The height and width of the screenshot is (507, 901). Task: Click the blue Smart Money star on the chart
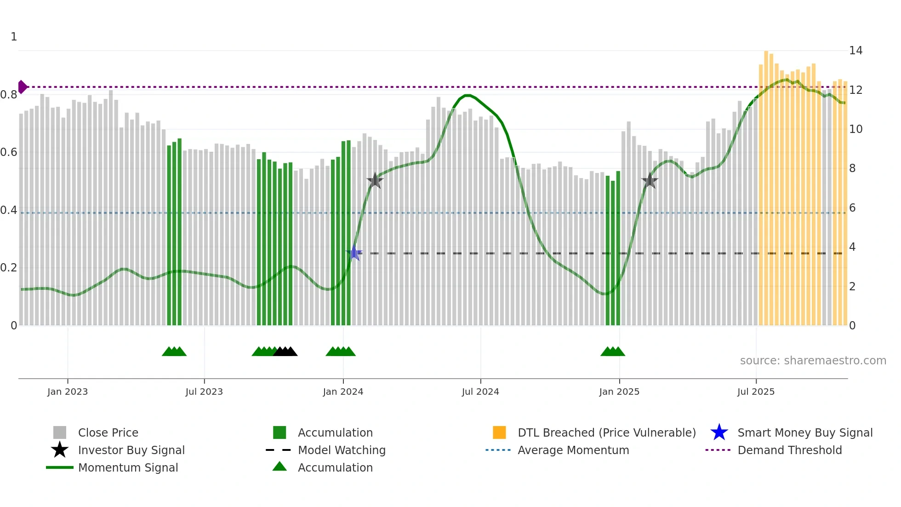click(x=354, y=253)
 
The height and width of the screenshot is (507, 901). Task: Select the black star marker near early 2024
click(x=375, y=180)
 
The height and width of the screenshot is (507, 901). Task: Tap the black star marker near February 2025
click(x=650, y=181)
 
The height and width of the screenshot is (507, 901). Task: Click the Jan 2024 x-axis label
click(x=343, y=392)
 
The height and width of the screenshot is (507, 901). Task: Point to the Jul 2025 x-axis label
click(x=756, y=392)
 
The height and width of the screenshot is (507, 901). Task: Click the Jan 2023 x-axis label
click(x=68, y=392)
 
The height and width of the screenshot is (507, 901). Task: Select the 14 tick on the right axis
click(x=855, y=51)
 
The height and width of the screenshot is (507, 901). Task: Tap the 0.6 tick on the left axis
click(x=9, y=152)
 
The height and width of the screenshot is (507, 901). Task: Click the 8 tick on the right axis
click(x=852, y=168)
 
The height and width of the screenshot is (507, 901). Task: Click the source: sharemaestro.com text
click(x=813, y=361)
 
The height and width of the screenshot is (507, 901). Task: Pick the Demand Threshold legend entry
click(x=789, y=450)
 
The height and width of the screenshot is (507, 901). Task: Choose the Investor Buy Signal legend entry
click(x=131, y=450)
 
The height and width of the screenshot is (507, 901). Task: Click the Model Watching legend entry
click(x=342, y=450)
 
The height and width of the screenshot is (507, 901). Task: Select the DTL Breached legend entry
click(x=606, y=432)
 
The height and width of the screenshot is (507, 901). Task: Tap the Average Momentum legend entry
click(x=573, y=450)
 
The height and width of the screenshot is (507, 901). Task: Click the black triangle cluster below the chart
click(x=285, y=351)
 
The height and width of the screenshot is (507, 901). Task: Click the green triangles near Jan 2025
click(x=613, y=351)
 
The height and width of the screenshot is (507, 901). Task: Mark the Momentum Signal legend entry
click(x=128, y=467)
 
